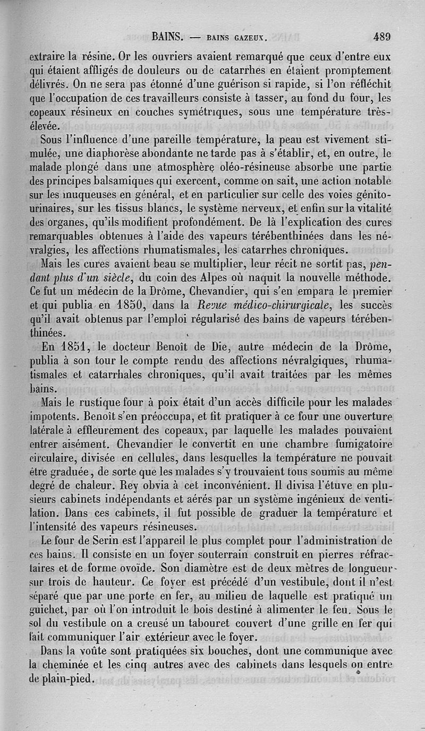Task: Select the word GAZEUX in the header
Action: click(250, 38)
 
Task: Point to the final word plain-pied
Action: click(69, 680)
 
